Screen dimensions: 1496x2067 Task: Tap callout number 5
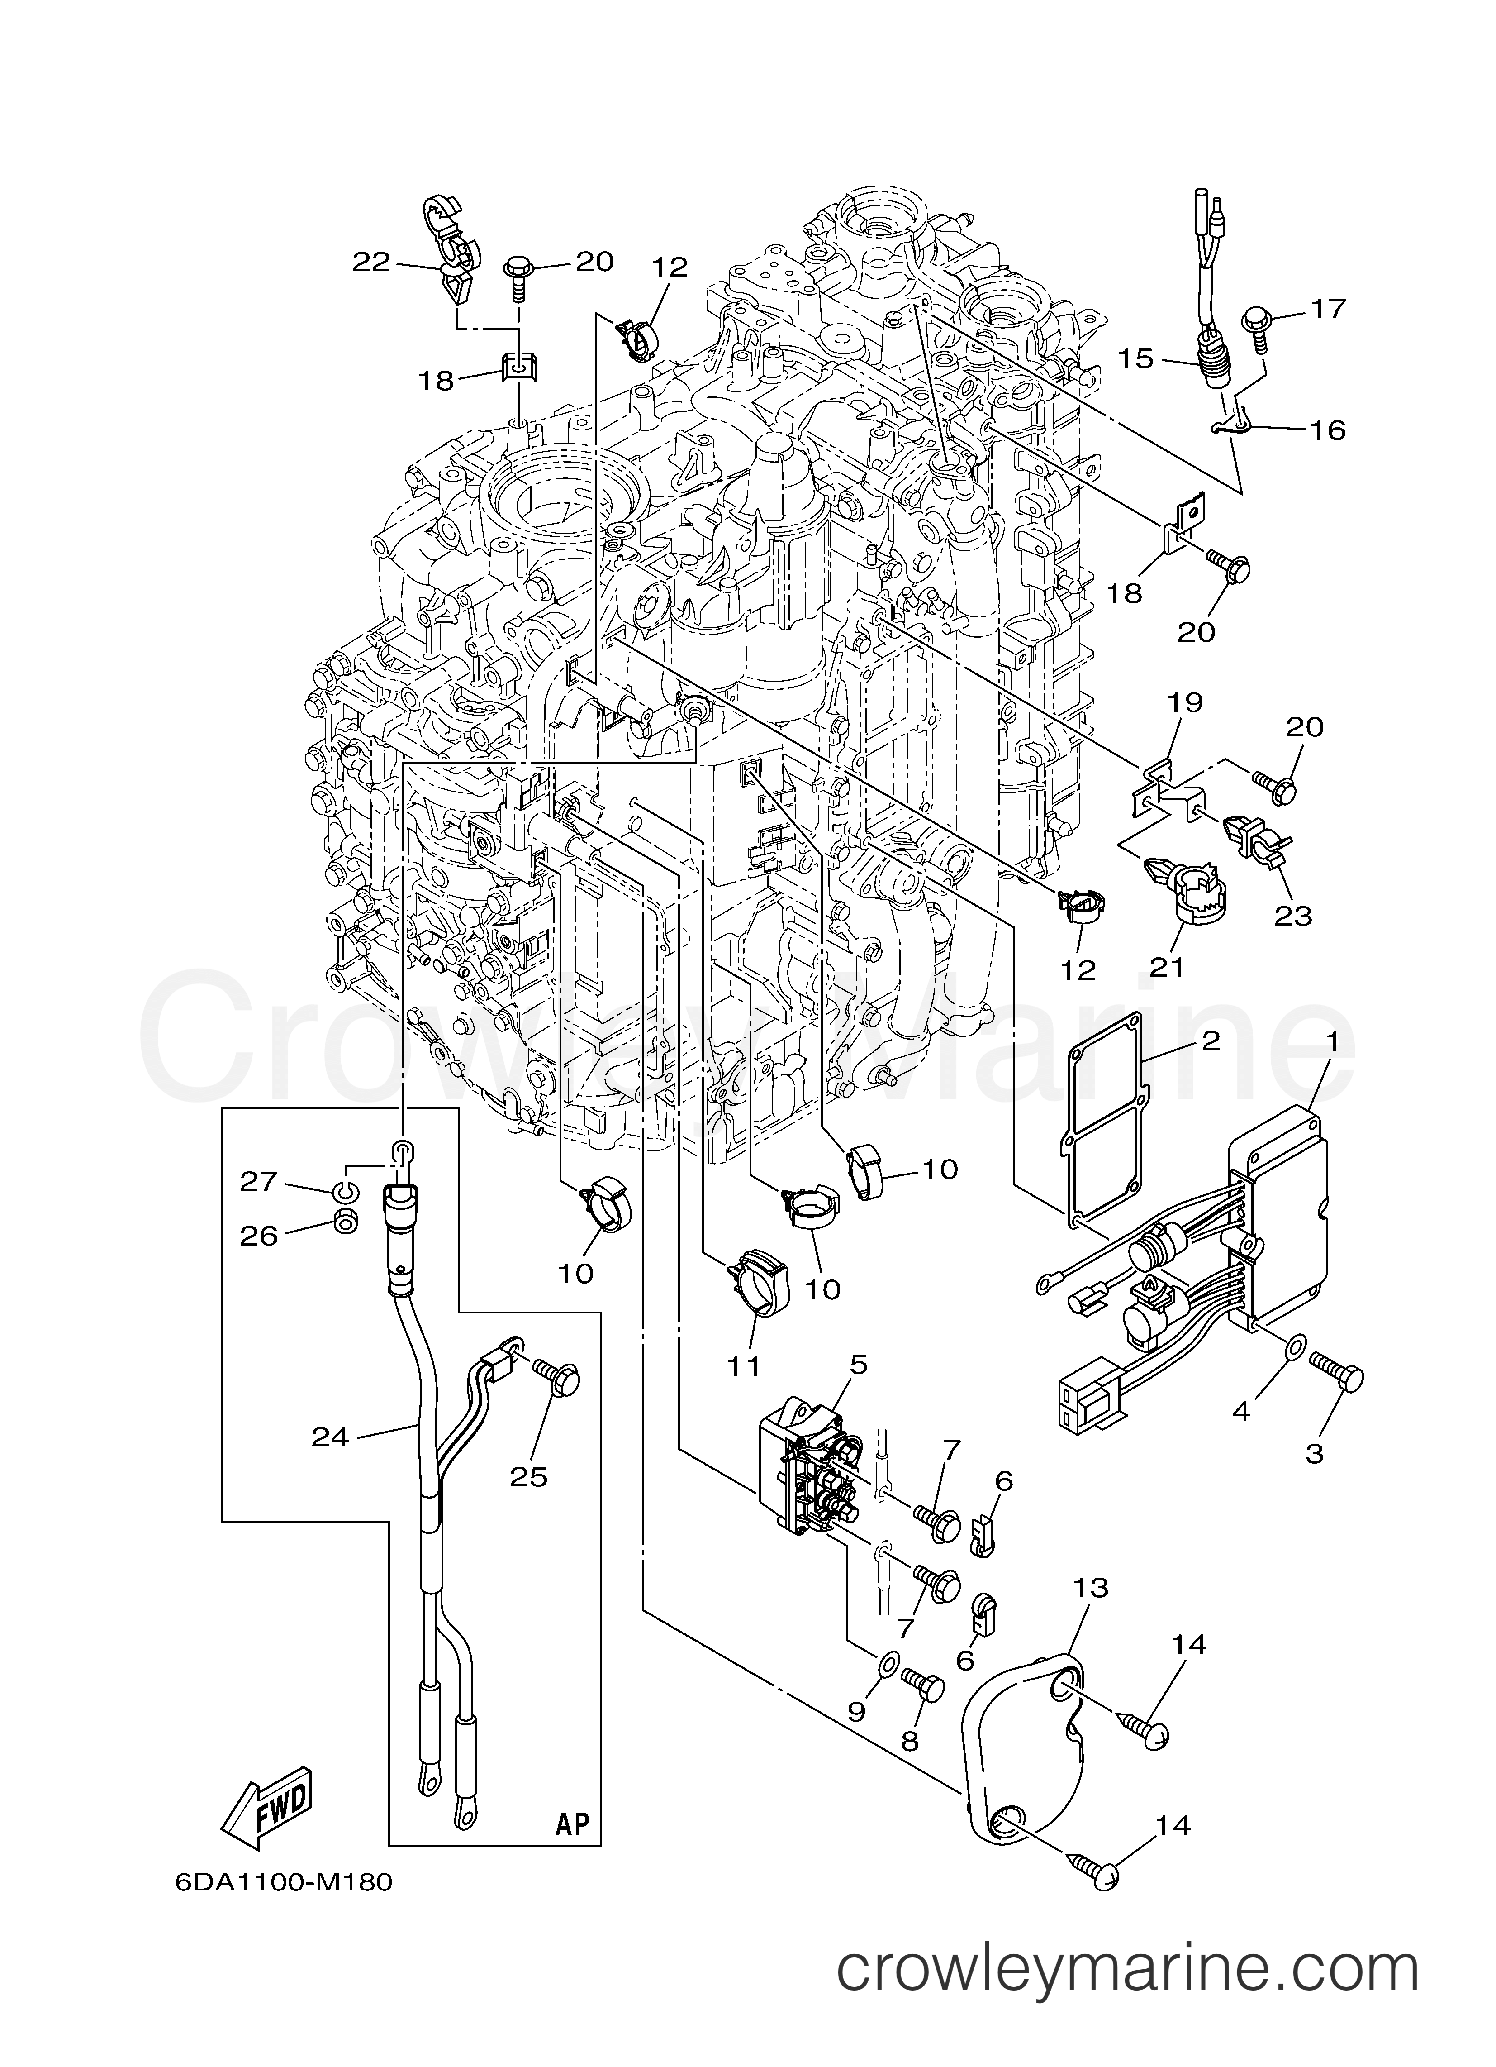click(x=858, y=1390)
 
